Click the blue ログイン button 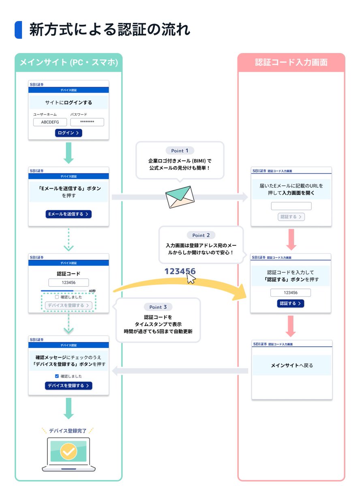[69, 133]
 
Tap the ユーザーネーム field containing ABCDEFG [50, 122]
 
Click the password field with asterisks [87, 122]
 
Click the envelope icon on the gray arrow [180, 197]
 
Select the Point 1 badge [180, 151]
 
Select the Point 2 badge [201, 235]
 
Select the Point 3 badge [158, 307]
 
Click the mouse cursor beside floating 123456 [191, 278]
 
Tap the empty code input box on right [291, 206]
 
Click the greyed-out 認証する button [291, 217]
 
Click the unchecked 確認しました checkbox [57, 297]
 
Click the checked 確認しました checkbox [57, 376]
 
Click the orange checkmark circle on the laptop [69, 452]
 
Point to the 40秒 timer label [92, 291]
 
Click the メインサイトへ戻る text [291, 366]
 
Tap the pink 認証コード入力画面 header [291, 63]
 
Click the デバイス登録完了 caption [68, 431]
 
